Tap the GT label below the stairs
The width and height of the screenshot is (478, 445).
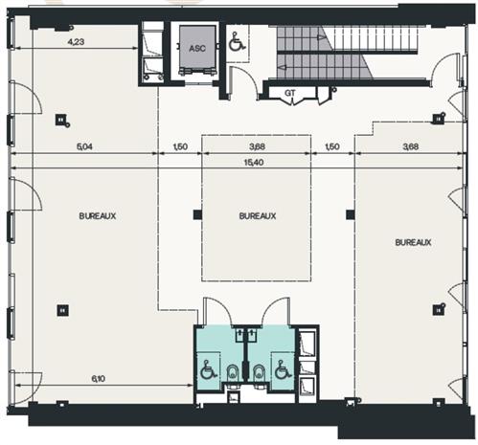pyautogui.click(x=290, y=93)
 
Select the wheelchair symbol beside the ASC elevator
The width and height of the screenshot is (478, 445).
pyautogui.click(x=235, y=41)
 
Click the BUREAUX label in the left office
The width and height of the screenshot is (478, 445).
pyautogui.click(x=98, y=216)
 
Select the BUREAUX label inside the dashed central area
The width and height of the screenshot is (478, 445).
pyautogui.click(x=258, y=216)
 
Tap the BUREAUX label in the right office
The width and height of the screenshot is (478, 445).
pyautogui.click(x=413, y=243)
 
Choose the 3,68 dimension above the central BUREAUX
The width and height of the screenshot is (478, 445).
pyautogui.click(x=257, y=147)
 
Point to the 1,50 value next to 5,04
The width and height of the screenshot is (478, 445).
pyautogui.click(x=179, y=147)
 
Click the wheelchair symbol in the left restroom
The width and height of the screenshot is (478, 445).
pyautogui.click(x=206, y=368)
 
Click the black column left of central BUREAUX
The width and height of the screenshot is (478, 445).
pyautogui.click(x=197, y=214)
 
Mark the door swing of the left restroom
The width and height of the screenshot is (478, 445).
pyautogui.click(x=215, y=312)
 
